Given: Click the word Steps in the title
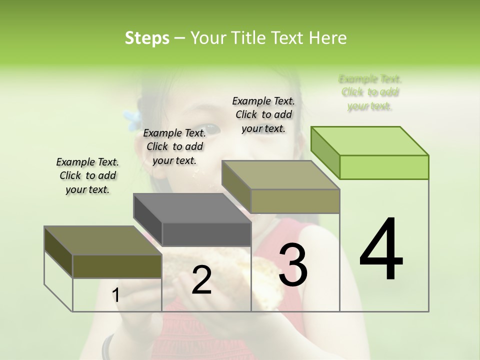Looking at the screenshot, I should (x=147, y=38).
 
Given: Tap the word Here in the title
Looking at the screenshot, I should (x=327, y=38).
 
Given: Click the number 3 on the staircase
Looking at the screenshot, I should (x=293, y=265).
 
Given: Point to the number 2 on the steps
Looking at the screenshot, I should (x=201, y=280).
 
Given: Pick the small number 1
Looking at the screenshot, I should (x=115, y=295).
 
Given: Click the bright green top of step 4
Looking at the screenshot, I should (x=370, y=140).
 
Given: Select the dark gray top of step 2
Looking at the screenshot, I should (x=192, y=207).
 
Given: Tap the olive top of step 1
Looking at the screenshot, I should (x=102, y=240).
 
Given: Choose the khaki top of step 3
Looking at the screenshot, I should (x=280, y=174).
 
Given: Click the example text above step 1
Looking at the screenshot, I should (x=87, y=175).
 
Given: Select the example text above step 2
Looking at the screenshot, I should (x=174, y=146).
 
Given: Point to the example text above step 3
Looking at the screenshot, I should (x=263, y=114).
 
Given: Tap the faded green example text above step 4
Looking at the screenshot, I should (x=370, y=92).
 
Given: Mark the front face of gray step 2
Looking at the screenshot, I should (x=206, y=234).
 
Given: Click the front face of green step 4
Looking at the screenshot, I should (x=384, y=167).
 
